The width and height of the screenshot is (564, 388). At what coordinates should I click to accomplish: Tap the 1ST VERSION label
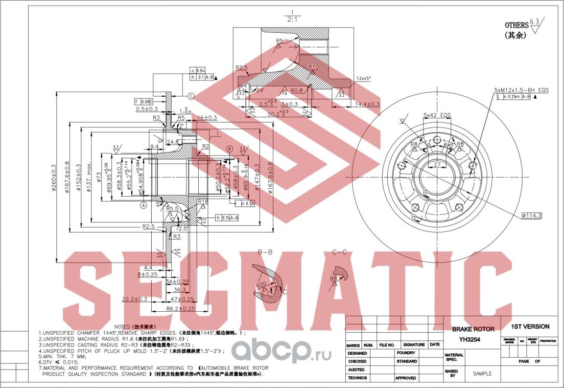tap(530, 327)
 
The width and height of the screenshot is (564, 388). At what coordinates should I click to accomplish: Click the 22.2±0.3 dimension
tap(134, 299)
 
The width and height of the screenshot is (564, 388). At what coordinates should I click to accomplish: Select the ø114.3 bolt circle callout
tap(531, 215)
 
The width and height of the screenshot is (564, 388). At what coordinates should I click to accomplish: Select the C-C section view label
tap(340, 252)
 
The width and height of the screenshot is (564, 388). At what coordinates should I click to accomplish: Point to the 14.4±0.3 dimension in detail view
tap(367, 104)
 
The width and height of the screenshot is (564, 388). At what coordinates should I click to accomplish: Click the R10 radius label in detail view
tap(314, 67)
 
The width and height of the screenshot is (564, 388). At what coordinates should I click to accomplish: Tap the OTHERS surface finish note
tap(516, 25)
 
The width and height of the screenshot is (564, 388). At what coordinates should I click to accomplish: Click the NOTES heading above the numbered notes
tap(135, 326)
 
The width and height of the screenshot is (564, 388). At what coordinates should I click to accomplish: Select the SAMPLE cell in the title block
tap(482, 374)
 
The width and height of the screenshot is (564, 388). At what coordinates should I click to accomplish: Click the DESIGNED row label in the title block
tap(357, 353)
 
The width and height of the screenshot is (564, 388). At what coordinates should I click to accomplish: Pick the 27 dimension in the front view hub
tap(437, 165)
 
